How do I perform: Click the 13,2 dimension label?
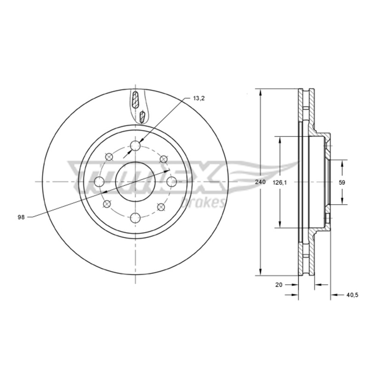coord(199,98)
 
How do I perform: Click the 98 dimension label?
coord(21,217)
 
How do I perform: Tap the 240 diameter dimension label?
coord(260,182)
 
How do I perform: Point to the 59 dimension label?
coord(342,182)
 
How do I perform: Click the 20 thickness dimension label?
coord(279,285)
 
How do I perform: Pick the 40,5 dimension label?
coord(352,295)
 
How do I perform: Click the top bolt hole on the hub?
coord(135,146)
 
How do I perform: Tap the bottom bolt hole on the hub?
coord(135,218)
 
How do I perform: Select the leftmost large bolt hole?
coord(99,182)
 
